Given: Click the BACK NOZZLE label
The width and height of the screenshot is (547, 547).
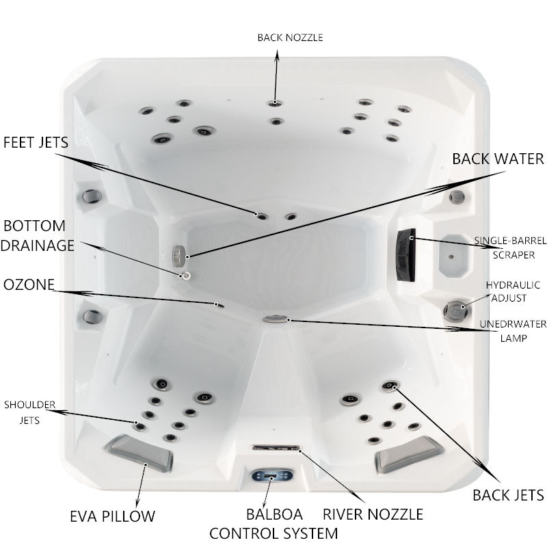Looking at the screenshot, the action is tap(290, 38).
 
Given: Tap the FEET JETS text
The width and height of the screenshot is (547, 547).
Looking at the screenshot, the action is tap(36, 142).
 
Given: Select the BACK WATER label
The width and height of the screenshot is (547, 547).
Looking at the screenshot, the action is tap(498, 159).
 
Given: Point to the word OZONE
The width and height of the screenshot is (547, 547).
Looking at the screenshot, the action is tap(29, 284).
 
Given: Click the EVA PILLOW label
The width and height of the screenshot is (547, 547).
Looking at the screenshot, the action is tap(112, 516).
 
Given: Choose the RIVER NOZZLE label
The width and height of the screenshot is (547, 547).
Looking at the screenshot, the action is tap(373, 514).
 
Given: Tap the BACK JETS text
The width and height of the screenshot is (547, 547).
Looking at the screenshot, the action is tap(508, 495).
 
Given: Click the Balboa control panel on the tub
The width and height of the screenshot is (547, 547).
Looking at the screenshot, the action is tap(271, 475).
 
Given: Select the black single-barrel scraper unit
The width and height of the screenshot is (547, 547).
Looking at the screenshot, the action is tap(405, 254).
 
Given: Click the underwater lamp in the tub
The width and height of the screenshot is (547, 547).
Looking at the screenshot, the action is tap(276, 319).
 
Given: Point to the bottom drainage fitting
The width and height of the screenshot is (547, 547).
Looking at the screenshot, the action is tap(186, 276).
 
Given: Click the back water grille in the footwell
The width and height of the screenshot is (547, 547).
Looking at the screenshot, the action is tap(178, 256).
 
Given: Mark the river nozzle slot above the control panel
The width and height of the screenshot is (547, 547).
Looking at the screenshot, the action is tap(276, 448).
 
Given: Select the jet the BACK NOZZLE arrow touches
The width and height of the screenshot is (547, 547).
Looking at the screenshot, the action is tap(276, 103).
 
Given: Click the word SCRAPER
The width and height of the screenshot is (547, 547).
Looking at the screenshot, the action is tap(513, 255).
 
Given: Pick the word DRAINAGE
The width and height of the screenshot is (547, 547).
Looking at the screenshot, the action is tap(38, 245).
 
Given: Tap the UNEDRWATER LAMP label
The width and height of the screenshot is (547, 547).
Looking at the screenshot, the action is tap(513, 331).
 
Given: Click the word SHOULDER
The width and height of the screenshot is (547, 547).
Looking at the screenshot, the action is tap(29, 405).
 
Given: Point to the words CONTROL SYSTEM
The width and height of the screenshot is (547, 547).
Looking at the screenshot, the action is tap(273, 533).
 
